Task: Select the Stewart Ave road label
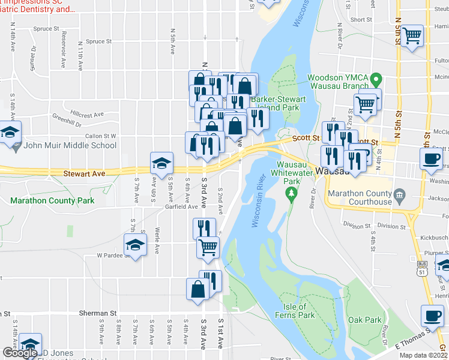tap(84, 173)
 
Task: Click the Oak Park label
tap(365, 320)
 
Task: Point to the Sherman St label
tap(98, 313)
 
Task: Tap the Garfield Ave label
tap(181, 206)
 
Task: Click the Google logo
tap(20, 353)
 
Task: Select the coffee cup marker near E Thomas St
tap(431, 314)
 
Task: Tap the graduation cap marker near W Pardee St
tap(135, 245)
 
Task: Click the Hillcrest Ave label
tap(87, 113)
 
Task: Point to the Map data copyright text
tap(423, 355)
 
